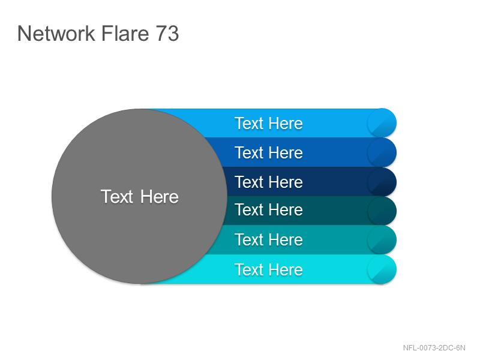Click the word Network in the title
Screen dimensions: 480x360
coord(56,33)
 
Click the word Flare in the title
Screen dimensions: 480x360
coord(125,33)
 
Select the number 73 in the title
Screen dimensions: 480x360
coord(167,33)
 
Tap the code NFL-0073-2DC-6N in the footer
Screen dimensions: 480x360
coord(434,348)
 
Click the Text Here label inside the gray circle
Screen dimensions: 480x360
coord(140,196)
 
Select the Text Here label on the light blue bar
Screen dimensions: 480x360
coord(269,124)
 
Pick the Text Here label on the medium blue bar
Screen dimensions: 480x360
coord(269,152)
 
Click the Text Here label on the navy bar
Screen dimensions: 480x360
coord(269,182)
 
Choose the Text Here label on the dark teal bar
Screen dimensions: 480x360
coord(269,209)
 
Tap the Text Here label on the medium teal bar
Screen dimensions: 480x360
coord(269,239)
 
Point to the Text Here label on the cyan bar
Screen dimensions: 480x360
coord(269,269)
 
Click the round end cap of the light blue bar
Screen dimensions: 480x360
coord(382,123)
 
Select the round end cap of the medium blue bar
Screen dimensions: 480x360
coord(382,152)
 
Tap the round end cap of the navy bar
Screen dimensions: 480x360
coord(382,182)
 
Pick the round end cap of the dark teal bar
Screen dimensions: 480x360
coord(382,211)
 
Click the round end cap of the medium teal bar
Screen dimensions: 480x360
coord(382,240)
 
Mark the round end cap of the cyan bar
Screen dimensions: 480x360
coord(382,269)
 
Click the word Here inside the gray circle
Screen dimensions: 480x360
coord(160,196)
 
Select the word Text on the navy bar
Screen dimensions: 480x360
coord(249,182)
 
